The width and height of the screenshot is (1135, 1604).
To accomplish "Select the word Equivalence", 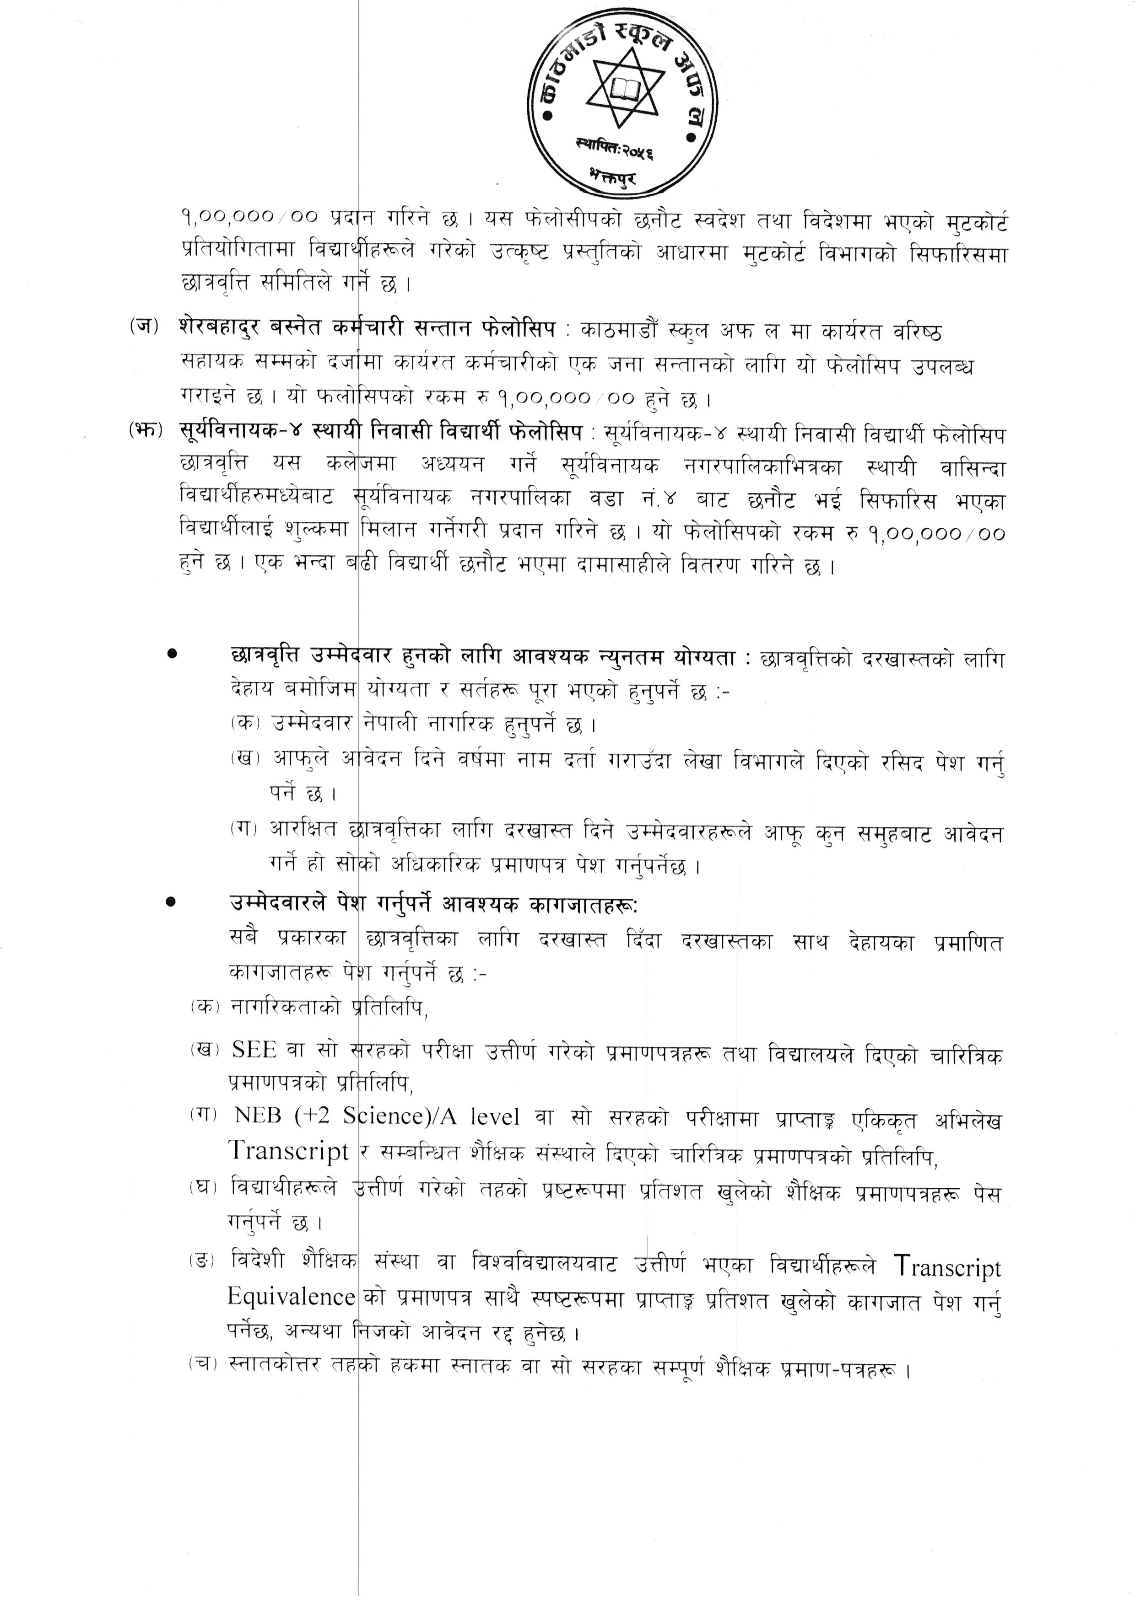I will tap(292, 1297).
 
